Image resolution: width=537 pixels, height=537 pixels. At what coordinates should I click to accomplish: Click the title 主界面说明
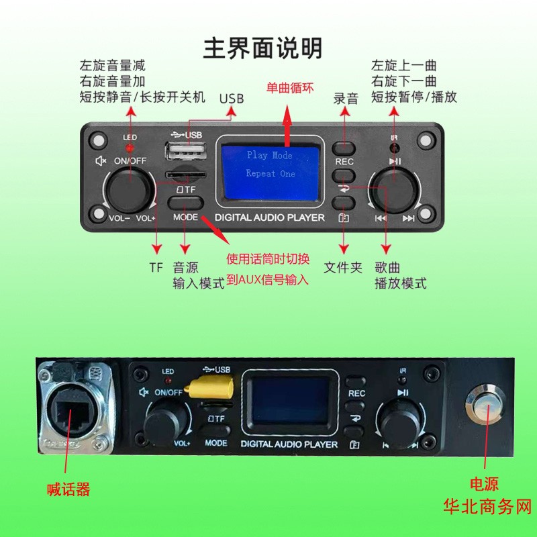click(x=262, y=48)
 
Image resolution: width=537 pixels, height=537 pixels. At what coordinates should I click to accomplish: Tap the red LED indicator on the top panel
click(x=130, y=146)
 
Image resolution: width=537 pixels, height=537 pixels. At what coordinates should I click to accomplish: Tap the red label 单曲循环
click(x=288, y=88)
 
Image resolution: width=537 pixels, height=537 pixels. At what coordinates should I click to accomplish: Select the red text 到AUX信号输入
click(x=267, y=280)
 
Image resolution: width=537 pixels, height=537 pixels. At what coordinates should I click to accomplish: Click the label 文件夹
click(x=343, y=267)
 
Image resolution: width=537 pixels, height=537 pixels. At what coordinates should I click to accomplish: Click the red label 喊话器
click(x=68, y=489)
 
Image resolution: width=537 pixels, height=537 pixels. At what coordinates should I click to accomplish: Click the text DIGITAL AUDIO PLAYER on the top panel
click(x=269, y=217)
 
